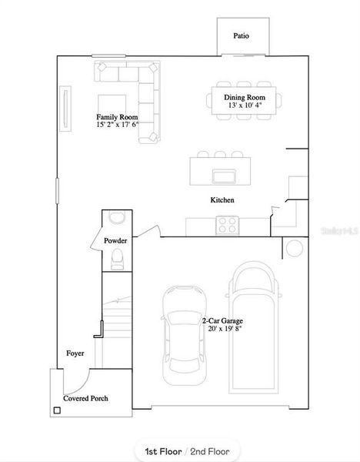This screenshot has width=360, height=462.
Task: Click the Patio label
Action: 241,36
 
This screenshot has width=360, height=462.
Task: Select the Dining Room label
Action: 244,98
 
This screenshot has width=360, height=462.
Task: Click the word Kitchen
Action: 222,200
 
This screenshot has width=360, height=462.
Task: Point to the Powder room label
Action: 115,241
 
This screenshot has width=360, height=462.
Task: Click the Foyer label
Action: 75,354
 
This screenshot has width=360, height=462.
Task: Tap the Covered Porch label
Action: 85,398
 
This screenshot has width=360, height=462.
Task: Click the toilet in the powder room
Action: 117,260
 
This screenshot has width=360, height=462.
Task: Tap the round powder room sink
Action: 117,218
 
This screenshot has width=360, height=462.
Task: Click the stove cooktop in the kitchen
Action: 228,225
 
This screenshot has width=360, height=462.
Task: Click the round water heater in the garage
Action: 295,248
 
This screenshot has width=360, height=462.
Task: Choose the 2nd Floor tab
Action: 210,450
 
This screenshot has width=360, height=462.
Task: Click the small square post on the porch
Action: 57,410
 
